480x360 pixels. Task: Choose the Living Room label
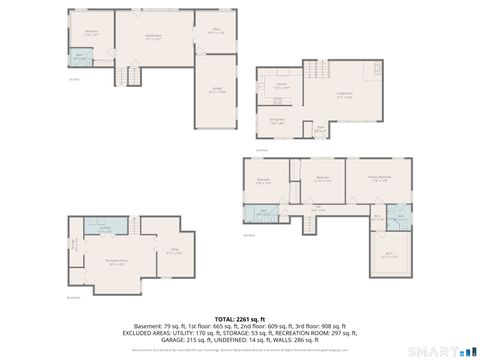coord(345,95)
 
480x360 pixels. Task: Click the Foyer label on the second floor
coord(320,128)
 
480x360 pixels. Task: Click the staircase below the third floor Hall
coord(317,223)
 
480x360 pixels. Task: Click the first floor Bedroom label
coord(91,33)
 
